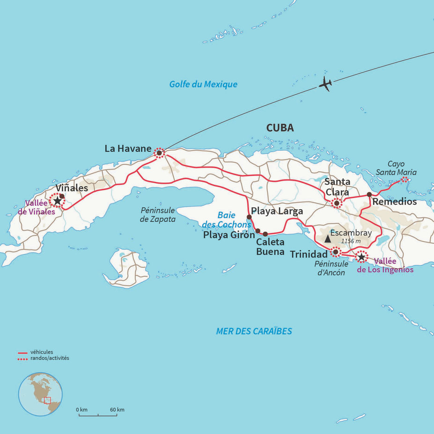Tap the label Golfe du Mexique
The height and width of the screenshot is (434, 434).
pos(203,84)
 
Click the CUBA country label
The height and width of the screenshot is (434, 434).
pos(280,128)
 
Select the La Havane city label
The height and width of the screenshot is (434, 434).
pos(128,149)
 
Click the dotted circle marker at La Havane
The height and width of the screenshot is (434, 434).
pos(159,153)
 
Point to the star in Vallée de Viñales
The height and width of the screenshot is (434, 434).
pos(57,201)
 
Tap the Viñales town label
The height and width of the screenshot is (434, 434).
pos(72,187)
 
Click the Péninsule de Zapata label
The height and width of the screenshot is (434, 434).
pos(157,215)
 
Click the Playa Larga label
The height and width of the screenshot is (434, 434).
pos(277,211)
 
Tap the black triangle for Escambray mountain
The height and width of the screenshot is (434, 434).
pos(328,239)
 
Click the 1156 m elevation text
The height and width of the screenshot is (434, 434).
pos(351,241)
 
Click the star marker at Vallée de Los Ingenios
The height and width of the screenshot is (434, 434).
pos(361,257)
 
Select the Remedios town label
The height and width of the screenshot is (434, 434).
pos(394,202)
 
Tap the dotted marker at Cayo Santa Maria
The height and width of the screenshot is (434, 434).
pos(405,179)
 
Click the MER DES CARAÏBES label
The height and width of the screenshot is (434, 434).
pos(254,331)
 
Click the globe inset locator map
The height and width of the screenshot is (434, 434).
pos(40,394)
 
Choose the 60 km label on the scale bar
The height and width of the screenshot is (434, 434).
pos(117,410)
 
